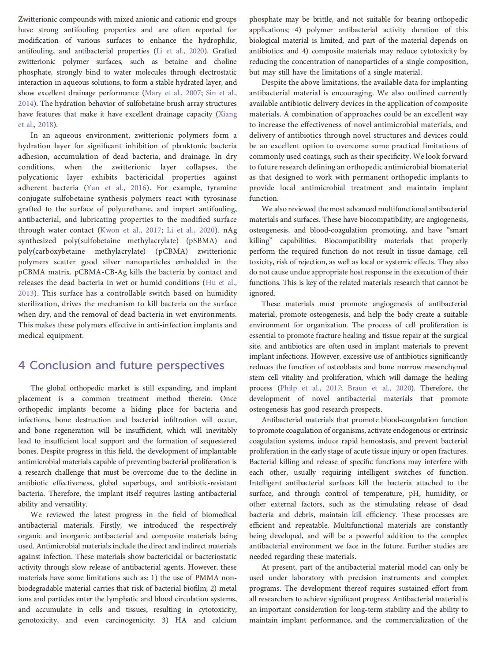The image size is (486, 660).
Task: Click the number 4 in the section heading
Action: (x=22, y=366)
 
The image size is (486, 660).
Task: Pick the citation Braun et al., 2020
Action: (x=380, y=388)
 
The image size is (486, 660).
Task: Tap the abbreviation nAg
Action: (x=230, y=230)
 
